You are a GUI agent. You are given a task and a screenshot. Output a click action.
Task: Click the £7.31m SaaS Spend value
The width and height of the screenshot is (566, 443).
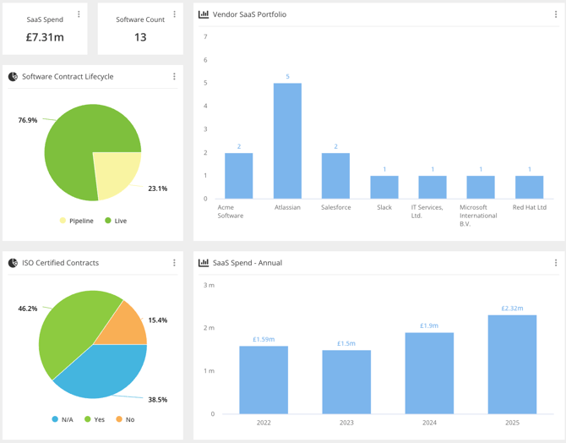(45, 36)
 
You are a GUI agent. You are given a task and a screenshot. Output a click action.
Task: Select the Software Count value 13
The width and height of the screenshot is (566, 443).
(140, 36)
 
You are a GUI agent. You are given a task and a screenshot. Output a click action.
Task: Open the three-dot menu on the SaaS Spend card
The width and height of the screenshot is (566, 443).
(79, 14)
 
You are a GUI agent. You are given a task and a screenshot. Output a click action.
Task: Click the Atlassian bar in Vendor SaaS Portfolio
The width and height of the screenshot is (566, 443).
(287, 141)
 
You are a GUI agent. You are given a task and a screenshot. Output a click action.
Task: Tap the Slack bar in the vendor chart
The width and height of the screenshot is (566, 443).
(384, 187)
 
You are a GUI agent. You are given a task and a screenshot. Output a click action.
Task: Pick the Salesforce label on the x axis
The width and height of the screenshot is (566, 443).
(335, 207)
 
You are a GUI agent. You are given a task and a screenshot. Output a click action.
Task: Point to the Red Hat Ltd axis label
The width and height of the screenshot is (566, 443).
(530, 207)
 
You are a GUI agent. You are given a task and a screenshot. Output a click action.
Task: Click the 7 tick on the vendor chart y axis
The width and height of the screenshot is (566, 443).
(205, 36)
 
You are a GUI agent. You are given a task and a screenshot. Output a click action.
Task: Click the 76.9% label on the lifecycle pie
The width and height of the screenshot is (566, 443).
(28, 120)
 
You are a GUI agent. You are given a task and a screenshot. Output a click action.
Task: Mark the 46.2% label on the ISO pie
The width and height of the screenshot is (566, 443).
(28, 309)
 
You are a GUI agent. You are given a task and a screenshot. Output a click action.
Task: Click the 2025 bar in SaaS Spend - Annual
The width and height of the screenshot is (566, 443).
(512, 364)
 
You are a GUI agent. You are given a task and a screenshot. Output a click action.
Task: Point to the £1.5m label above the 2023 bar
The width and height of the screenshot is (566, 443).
(346, 343)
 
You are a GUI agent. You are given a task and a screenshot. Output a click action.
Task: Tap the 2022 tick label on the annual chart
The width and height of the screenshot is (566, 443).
(264, 422)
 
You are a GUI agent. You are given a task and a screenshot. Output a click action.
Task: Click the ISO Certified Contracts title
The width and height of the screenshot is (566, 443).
(60, 263)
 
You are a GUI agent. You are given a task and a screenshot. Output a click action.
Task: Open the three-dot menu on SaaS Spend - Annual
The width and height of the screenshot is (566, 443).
(555, 263)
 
